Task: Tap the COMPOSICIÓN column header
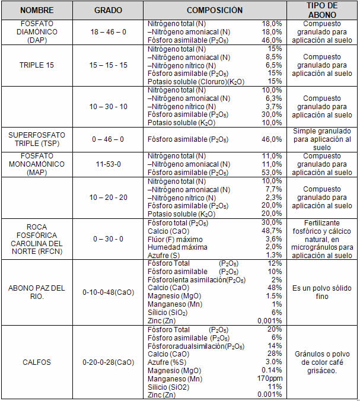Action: point(215,10)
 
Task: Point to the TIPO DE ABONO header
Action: point(321,10)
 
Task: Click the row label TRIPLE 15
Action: point(37,65)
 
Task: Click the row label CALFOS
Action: point(37,362)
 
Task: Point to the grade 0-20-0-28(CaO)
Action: point(109,362)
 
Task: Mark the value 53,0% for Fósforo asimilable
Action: point(272,173)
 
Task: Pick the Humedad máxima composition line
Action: point(176,247)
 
